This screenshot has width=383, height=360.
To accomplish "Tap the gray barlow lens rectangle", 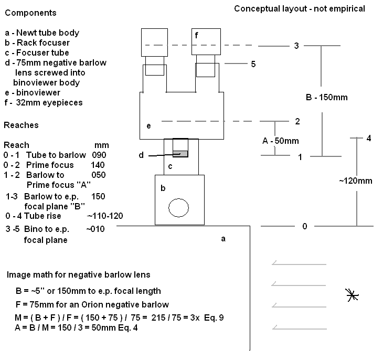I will (x=180, y=154).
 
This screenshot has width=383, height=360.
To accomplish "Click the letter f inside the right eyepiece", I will (x=197, y=36).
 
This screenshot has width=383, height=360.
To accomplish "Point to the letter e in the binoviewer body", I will (x=149, y=126).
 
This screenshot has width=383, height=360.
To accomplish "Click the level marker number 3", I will (x=296, y=46).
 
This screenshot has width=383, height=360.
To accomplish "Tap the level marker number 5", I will (x=253, y=64).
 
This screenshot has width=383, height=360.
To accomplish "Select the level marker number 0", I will (x=304, y=226).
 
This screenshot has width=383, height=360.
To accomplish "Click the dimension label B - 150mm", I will (x=326, y=98).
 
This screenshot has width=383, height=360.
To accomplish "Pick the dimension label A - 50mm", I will (x=281, y=141).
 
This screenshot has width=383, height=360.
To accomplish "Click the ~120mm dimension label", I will (x=355, y=181).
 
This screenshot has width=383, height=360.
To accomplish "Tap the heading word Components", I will (x=30, y=13).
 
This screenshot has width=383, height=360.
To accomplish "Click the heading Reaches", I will (x=21, y=125).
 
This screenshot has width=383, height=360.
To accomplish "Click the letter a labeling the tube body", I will (x=223, y=239).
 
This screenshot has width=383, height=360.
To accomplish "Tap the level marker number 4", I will (x=369, y=139).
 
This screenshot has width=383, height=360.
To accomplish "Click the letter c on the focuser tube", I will (x=169, y=166).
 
